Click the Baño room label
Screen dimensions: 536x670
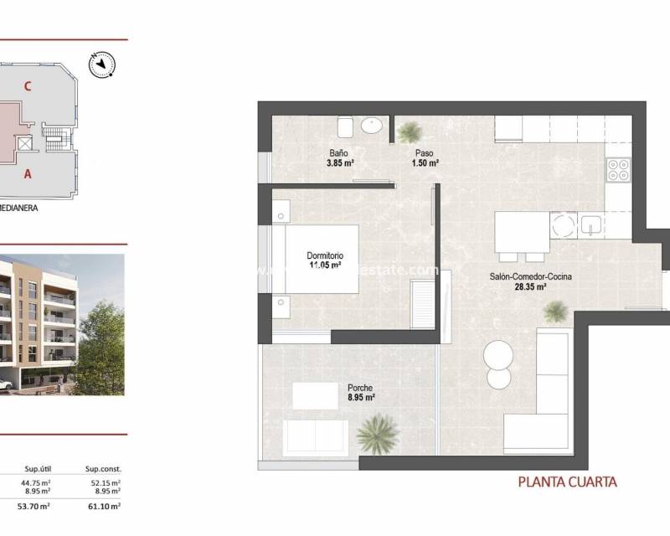pyautogui.click(x=338, y=153)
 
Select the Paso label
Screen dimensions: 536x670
pyautogui.click(x=425, y=153)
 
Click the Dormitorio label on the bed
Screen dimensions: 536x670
pyautogui.click(x=324, y=256)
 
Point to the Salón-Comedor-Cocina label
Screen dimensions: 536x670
pyautogui.click(x=524, y=276)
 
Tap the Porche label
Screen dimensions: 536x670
pyautogui.click(x=360, y=388)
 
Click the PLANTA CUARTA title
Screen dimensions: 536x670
pyautogui.click(x=568, y=482)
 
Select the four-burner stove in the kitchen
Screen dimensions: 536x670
pyautogui.click(x=618, y=169)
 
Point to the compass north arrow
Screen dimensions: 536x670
pyautogui.click(x=103, y=63)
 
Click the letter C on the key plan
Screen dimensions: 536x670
pyautogui.click(x=28, y=85)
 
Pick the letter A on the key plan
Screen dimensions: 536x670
pyautogui.click(x=28, y=174)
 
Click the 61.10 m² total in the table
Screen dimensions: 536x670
pyautogui.click(x=104, y=506)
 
